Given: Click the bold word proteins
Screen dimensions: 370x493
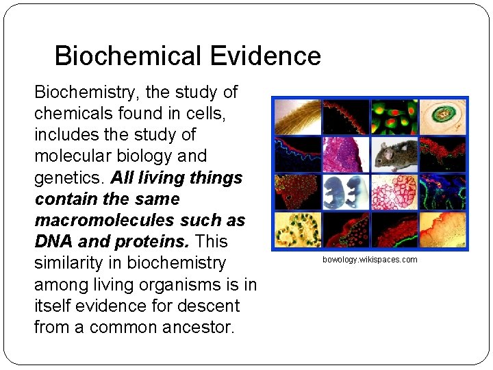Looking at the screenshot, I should (x=158, y=241).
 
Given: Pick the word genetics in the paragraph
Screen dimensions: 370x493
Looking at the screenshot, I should (x=68, y=177).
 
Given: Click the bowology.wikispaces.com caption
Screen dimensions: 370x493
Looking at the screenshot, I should (x=370, y=260).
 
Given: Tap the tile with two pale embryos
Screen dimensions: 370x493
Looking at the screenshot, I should (x=346, y=191).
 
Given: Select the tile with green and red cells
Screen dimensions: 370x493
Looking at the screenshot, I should (x=394, y=116).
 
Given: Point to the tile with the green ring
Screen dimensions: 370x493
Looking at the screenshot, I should (x=443, y=116).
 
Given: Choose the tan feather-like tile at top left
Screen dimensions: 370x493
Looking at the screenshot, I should (x=297, y=116).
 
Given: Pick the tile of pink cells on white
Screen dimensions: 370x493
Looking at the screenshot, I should (x=394, y=191).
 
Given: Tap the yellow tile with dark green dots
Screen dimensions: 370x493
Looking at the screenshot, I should (x=297, y=230).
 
